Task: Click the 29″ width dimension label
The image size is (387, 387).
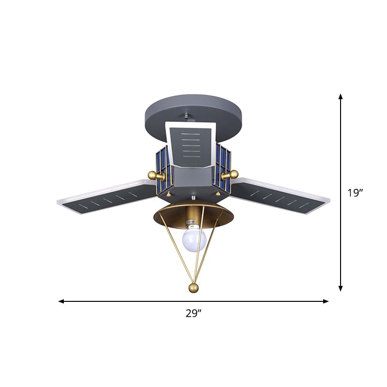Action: pos(193,313)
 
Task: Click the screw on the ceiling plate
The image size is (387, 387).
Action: pos(187,116)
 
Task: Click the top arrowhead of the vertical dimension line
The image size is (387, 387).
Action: pos(341,97)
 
